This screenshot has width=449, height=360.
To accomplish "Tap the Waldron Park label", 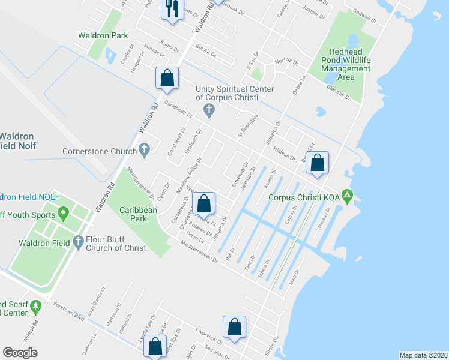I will click(103, 35).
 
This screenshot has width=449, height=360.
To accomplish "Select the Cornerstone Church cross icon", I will click(144, 151).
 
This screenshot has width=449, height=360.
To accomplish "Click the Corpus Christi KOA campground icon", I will click(348, 197).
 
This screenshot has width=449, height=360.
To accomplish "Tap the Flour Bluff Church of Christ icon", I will click(77, 242).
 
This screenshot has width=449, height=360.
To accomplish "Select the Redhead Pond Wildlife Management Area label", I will click(346, 65).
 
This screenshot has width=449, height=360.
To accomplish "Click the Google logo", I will click(20, 353).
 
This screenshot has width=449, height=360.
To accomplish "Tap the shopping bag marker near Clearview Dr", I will click(234, 327).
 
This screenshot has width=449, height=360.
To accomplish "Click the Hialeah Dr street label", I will click(285, 154).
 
